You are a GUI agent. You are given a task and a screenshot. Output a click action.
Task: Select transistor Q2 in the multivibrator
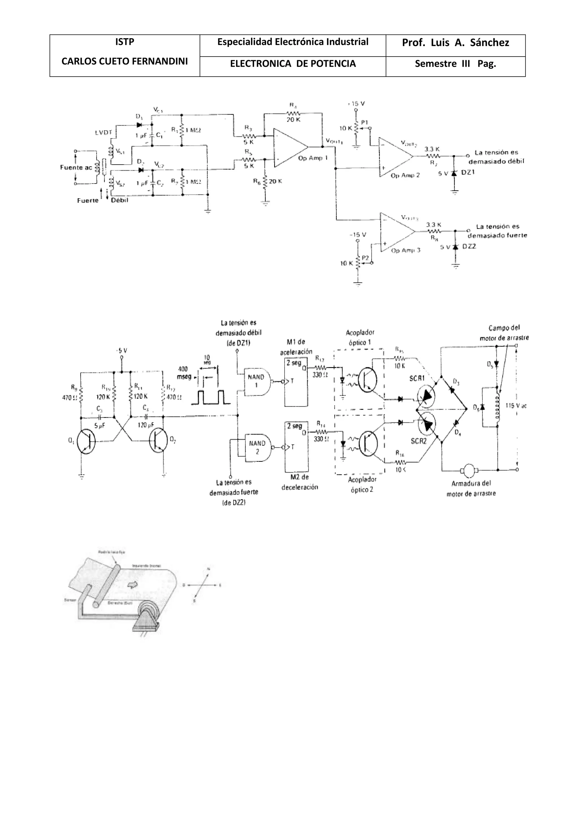click(x=158, y=441)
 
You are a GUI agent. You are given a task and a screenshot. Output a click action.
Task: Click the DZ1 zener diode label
click(x=468, y=172)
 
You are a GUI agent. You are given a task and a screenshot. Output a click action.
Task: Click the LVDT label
click(x=103, y=133)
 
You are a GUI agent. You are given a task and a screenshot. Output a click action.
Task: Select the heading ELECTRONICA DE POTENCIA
click(x=293, y=64)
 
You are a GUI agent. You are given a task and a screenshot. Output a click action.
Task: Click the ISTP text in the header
click(x=124, y=42)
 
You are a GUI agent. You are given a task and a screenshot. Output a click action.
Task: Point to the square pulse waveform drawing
click(x=211, y=397)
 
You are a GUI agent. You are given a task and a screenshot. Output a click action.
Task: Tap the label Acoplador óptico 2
click(x=362, y=484)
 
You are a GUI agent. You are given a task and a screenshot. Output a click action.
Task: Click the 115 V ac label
click(x=516, y=406)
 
